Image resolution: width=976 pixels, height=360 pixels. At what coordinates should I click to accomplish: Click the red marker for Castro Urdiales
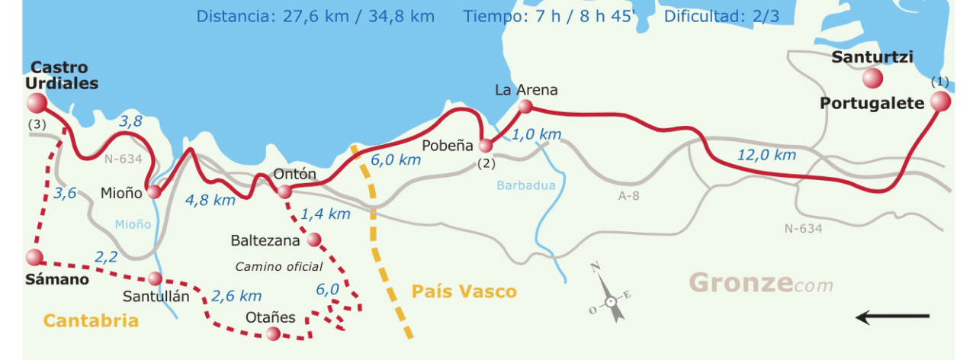[36, 103]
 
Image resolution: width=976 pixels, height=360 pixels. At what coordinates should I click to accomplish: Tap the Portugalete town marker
[940, 101]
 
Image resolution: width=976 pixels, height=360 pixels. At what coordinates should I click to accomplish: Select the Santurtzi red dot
[872, 78]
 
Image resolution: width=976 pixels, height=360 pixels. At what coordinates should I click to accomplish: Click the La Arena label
[526, 90]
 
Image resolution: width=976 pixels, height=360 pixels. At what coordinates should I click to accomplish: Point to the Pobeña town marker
[486, 145]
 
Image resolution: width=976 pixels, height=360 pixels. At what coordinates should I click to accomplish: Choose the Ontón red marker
[284, 191]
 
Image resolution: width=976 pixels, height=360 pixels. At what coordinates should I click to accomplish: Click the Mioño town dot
[154, 192]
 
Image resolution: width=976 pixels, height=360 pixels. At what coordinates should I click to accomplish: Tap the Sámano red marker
[34, 258]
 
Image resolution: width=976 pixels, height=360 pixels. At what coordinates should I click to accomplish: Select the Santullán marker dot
[155, 278]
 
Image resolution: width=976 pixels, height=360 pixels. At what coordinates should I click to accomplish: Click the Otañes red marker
[273, 333]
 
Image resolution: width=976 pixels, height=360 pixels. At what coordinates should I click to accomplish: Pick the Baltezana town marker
[313, 240]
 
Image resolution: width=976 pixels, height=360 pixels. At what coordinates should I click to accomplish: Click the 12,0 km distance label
[766, 156]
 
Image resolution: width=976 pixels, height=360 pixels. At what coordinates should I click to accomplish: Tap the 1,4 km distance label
[326, 214]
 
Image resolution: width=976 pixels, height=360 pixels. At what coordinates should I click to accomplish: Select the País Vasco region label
[464, 291]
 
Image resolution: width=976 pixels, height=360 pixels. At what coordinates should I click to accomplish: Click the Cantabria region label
[91, 320]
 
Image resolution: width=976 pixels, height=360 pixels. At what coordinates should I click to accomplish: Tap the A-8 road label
[629, 195]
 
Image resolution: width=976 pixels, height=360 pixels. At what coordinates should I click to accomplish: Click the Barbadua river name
[525, 185]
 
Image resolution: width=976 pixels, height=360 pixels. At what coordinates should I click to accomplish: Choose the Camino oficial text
[278, 267]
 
